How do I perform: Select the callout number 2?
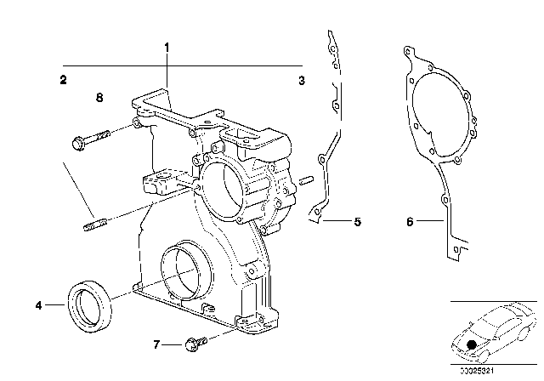coord(63,81)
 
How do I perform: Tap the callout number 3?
coord(301,81)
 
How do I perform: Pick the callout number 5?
coord(358,223)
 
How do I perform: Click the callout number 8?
coord(99,98)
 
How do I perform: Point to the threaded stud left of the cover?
coord(94,225)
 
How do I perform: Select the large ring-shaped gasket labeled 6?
coord(438,128)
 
